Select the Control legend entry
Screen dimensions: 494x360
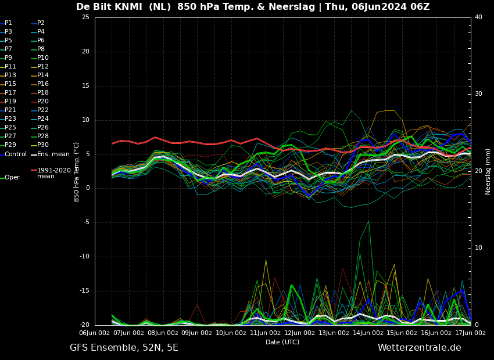pos(13,154)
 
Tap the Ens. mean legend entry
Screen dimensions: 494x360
pos(50,154)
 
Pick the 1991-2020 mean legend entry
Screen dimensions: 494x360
pos(51,173)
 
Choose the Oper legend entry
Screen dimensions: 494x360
pos(10,178)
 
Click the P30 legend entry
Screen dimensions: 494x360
pos(40,145)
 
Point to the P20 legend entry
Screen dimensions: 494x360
pos(40,102)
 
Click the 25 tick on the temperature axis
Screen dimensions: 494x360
pos(85,17)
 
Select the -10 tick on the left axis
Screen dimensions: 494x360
pos(85,257)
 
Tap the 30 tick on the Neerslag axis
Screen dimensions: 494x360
pos(478,94)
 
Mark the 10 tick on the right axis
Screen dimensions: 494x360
pos(478,248)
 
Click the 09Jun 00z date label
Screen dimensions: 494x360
pos(197,333)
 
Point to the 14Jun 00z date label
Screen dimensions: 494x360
pos(368,333)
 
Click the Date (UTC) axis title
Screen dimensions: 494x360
pos(282,342)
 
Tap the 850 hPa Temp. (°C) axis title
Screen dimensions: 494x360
pos(76,172)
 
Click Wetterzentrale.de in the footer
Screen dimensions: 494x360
pos(420,348)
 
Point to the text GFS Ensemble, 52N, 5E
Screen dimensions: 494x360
pos(124,348)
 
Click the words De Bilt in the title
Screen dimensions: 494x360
pos(93,6)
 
